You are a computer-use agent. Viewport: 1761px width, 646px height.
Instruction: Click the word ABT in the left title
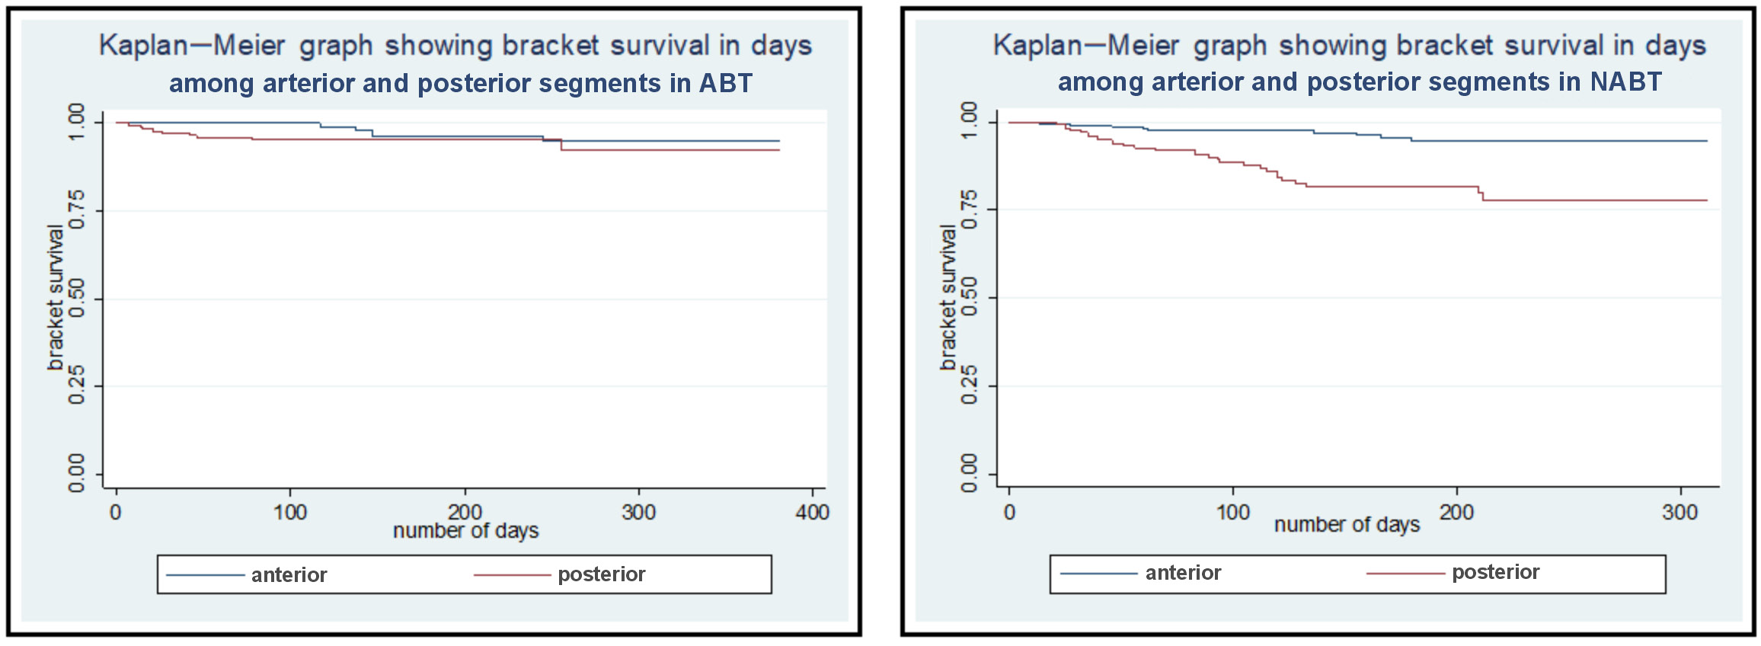click(x=725, y=83)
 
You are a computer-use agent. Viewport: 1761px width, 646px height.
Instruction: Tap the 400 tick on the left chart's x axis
click(x=812, y=512)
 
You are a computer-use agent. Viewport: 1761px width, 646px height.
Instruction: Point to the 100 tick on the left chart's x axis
click(x=290, y=512)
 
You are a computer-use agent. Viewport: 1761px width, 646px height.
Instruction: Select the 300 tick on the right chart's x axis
click(x=1680, y=512)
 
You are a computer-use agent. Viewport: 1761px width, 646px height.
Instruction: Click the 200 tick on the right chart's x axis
click(x=1456, y=512)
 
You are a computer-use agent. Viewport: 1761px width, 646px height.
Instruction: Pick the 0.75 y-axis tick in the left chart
click(x=77, y=210)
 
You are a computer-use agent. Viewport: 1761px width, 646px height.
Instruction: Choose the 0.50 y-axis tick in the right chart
click(x=969, y=297)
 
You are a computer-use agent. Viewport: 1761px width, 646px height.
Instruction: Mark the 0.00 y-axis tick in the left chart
click(x=77, y=474)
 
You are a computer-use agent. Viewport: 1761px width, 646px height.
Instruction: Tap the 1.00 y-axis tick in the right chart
click(x=969, y=122)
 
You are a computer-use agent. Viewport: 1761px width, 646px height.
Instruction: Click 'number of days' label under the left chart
click(x=465, y=531)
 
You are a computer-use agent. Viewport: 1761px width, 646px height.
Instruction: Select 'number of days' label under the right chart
click(x=1347, y=525)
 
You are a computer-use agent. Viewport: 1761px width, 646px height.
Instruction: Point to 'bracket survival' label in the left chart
click(x=55, y=297)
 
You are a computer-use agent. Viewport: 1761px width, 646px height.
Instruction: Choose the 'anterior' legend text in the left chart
click(x=289, y=575)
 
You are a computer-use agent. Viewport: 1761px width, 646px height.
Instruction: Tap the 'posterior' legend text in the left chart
click(x=601, y=574)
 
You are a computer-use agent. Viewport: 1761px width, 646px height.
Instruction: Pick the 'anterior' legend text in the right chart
click(x=1183, y=573)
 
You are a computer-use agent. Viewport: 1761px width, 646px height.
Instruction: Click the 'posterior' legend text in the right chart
click(x=1495, y=572)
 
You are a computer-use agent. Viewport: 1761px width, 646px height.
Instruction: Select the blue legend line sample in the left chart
click(x=205, y=575)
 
